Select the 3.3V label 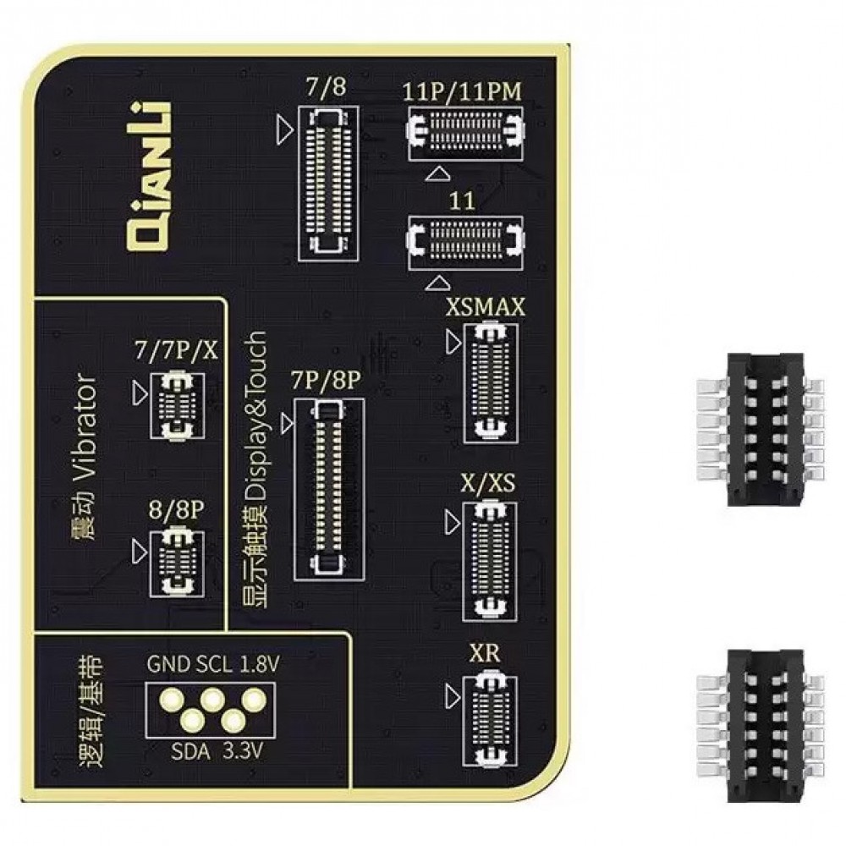(x=244, y=750)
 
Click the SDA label (x=187, y=750)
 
